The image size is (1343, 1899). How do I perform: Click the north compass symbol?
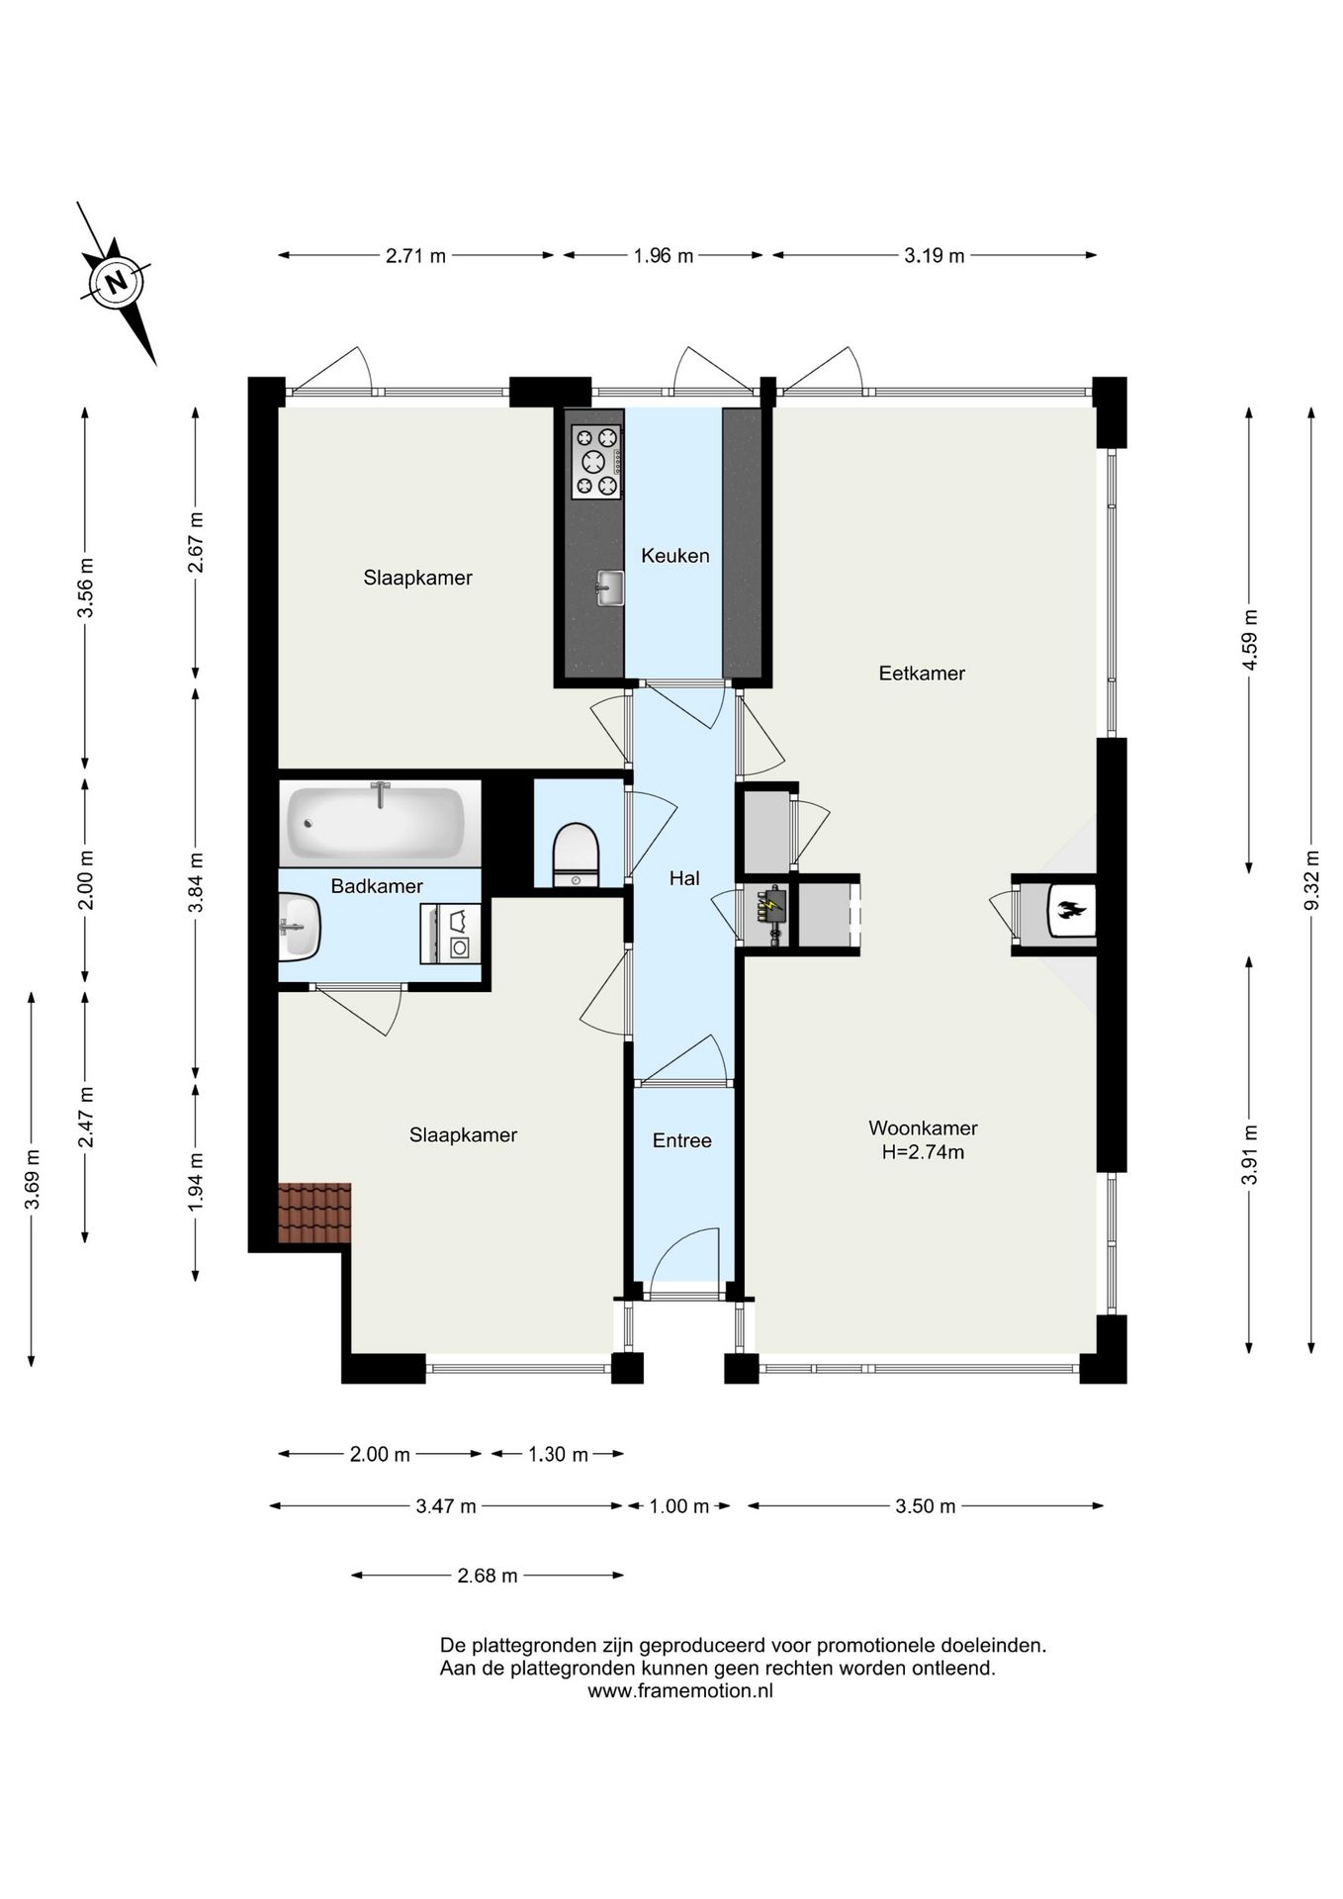click(x=118, y=284)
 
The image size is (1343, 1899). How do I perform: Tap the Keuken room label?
click(x=675, y=556)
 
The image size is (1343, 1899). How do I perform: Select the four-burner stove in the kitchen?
click(x=596, y=462)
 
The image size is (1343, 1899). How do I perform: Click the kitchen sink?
click(x=609, y=588)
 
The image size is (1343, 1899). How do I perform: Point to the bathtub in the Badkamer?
click(x=376, y=823)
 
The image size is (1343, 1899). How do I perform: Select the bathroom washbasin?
click(x=299, y=927)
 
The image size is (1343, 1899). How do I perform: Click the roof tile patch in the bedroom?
click(x=314, y=1214)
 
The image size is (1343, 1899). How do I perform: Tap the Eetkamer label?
click(x=922, y=674)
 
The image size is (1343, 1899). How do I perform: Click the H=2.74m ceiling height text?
click(x=923, y=1152)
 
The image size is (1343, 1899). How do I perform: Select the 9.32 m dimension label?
click(x=1311, y=880)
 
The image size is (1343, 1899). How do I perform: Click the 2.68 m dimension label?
click(x=488, y=1576)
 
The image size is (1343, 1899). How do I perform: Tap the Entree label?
click(x=682, y=1141)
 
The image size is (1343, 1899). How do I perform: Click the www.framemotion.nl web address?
click(x=680, y=1690)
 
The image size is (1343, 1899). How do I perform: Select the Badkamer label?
click(x=377, y=886)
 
